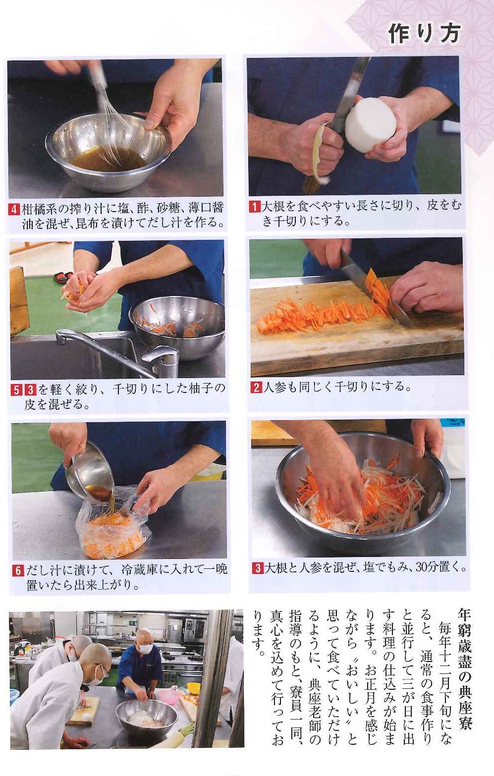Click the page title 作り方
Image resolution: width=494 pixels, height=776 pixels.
coord(425,34)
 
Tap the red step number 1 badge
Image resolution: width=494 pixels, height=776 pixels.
coord(255,207)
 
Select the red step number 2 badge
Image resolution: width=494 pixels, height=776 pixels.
coord(257,387)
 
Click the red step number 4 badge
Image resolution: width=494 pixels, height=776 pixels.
coord(14,209)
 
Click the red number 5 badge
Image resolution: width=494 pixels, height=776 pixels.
coord(16,390)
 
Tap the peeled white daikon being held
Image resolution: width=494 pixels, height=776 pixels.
coord(370,125)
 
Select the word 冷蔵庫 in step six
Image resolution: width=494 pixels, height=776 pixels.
coord(139,570)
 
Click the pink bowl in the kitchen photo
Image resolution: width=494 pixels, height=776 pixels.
coord(170,694)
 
